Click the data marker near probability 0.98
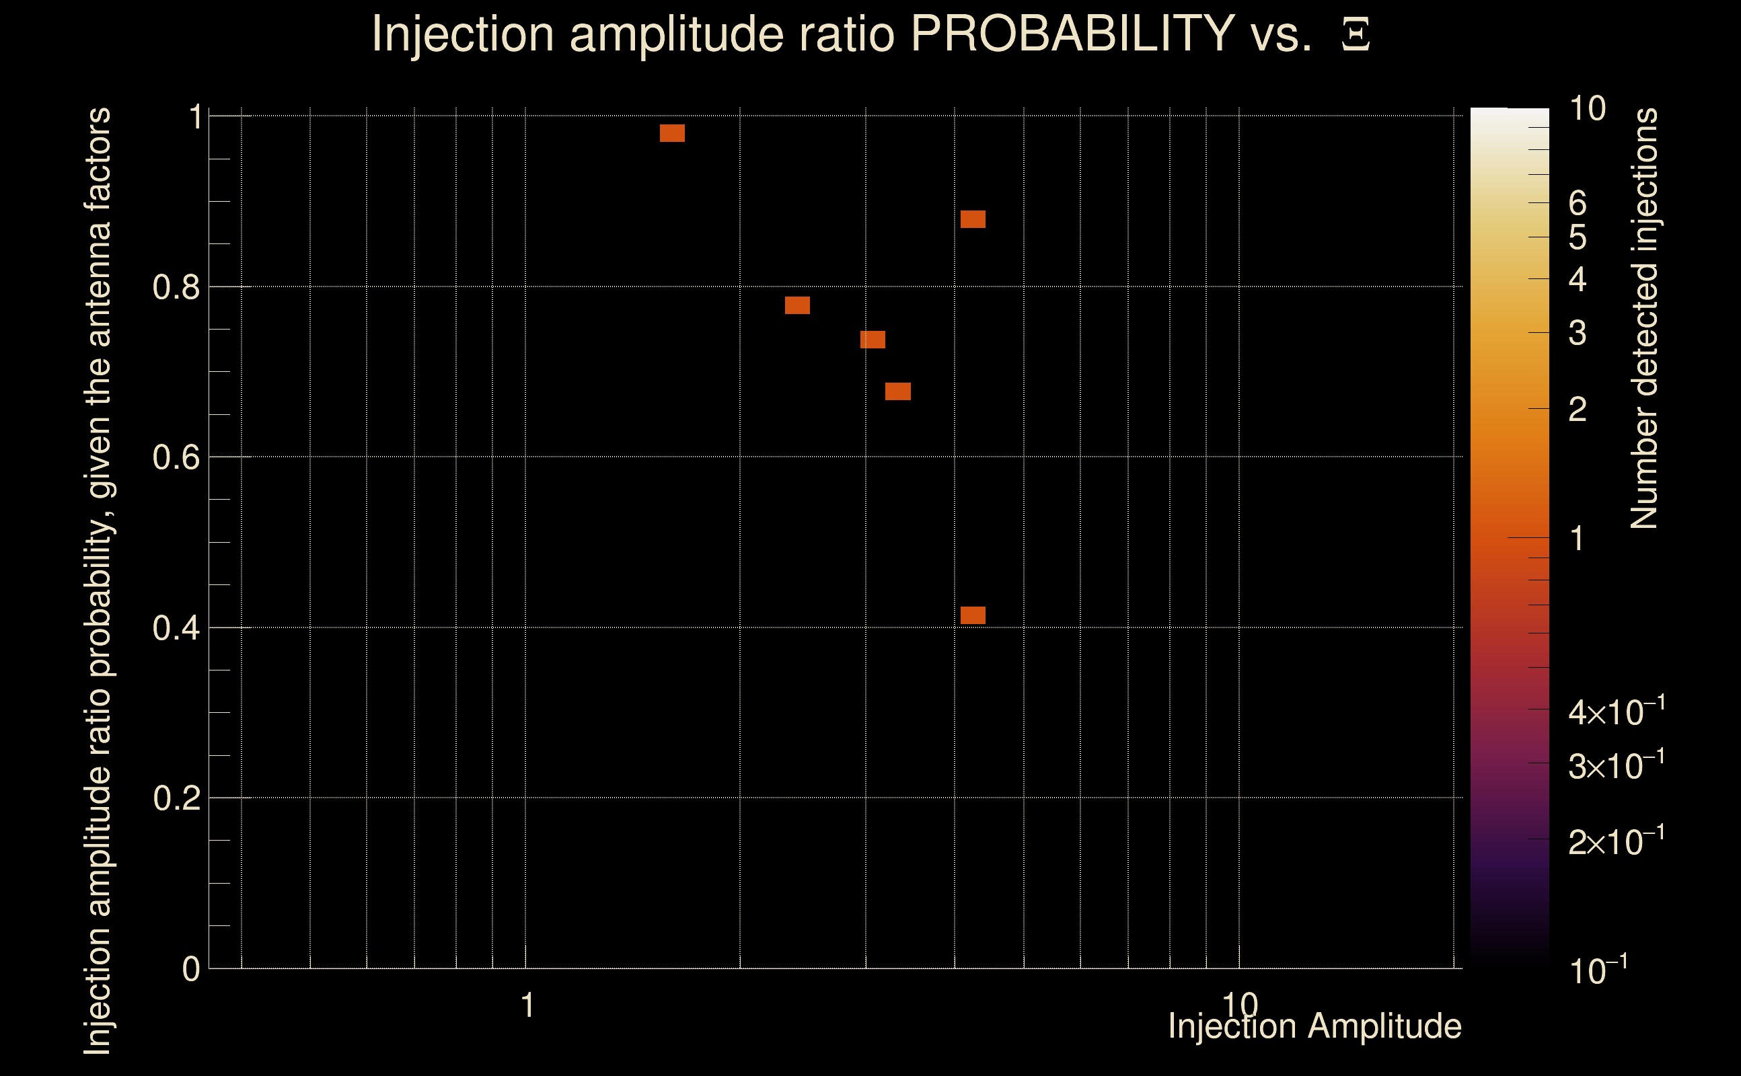[672, 133]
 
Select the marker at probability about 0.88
[972, 219]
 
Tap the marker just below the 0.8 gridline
[797, 305]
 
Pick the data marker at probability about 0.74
[873, 340]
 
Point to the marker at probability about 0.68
[897, 391]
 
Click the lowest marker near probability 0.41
[972, 615]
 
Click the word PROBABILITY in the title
[1072, 34]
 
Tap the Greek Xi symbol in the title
[1356, 35]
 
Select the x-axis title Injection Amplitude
[1314, 1026]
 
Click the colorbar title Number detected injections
[1644, 318]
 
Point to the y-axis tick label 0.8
[176, 288]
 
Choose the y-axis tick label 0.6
[176, 457]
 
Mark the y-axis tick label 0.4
[176, 628]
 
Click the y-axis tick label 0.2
[176, 798]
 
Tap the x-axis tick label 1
[527, 1005]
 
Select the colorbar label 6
[1578, 204]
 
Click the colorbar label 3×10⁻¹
[1616, 766]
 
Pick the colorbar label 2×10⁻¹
[1616, 842]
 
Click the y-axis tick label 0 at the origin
[191, 969]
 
